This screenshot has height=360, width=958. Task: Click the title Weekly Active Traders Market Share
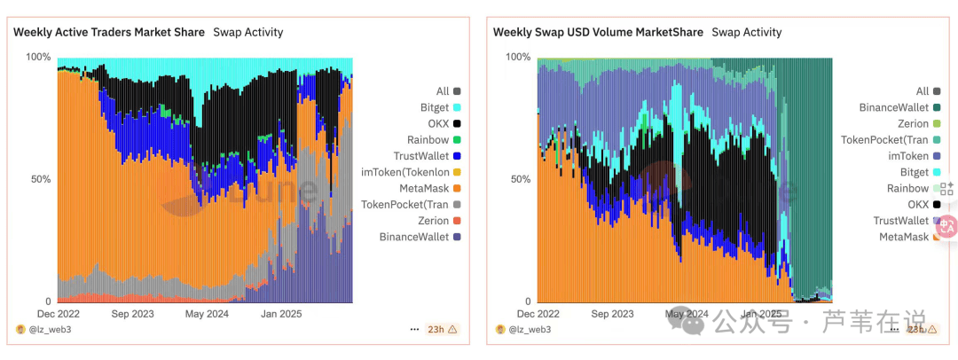pyautogui.click(x=109, y=32)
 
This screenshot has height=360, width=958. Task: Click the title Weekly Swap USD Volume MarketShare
pyautogui.click(x=598, y=32)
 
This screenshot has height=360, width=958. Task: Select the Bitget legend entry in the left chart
pyautogui.click(x=434, y=107)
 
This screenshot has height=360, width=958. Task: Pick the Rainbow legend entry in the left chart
pyautogui.click(x=428, y=140)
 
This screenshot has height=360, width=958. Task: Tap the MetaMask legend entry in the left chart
pyautogui.click(x=422, y=188)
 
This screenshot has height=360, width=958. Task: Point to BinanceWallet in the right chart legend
pyautogui.click(x=893, y=107)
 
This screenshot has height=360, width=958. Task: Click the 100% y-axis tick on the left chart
pyautogui.click(x=38, y=57)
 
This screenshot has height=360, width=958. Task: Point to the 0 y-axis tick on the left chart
pyautogui.click(x=47, y=301)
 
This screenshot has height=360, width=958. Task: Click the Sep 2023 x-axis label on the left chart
pyautogui.click(x=131, y=313)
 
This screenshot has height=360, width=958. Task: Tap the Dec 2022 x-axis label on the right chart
pyautogui.click(x=538, y=313)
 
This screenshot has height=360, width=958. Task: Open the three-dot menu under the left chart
pyautogui.click(x=414, y=329)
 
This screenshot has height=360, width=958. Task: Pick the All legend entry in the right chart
pyautogui.click(x=922, y=91)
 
